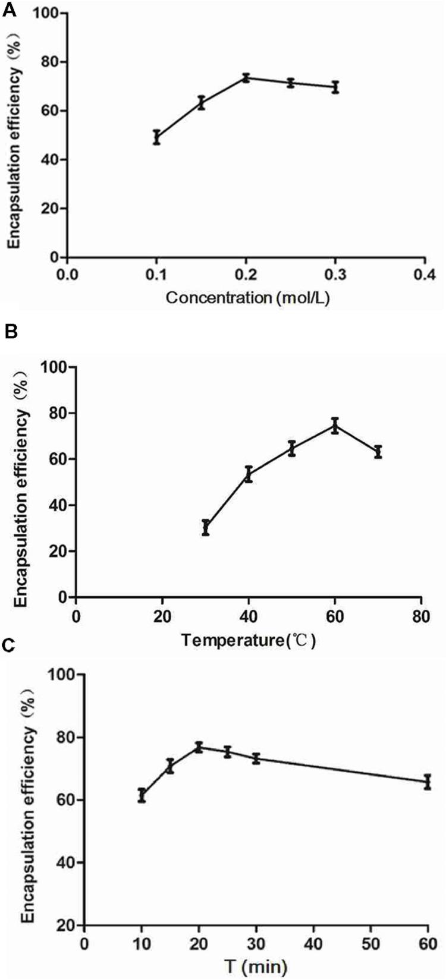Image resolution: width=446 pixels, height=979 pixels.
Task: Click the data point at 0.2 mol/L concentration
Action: click(x=246, y=78)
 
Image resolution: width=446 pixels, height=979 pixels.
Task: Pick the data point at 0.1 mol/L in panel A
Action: click(x=156, y=137)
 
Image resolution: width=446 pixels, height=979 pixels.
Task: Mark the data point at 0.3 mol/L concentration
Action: click(x=335, y=87)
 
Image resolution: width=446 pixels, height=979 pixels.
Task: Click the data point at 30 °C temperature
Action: click(x=205, y=527)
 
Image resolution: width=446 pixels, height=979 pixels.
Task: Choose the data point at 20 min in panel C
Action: click(x=199, y=747)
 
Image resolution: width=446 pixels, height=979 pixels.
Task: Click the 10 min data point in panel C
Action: click(x=142, y=795)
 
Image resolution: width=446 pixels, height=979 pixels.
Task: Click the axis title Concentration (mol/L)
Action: click(x=247, y=298)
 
